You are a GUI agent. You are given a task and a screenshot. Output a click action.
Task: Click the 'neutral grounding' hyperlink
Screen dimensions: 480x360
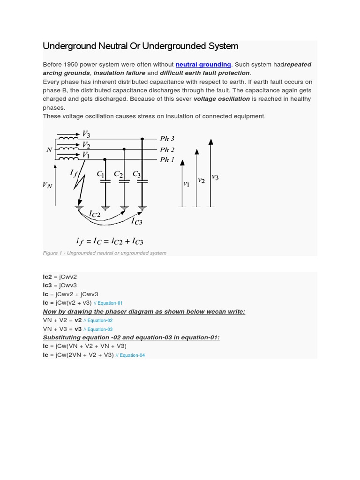pos(203,64)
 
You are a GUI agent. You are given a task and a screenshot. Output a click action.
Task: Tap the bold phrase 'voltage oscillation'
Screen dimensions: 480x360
pos(221,99)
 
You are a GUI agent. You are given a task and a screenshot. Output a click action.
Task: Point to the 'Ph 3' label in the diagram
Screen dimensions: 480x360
pos(167,138)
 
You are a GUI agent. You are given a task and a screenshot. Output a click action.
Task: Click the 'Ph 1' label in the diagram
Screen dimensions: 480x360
pos(167,159)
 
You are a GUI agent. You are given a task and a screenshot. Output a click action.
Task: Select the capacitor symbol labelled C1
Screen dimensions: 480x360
pos(105,180)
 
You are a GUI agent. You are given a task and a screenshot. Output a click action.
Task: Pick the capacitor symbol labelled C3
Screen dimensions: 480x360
pos(142,180)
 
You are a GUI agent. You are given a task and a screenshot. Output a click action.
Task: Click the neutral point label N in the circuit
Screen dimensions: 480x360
pos(49,150)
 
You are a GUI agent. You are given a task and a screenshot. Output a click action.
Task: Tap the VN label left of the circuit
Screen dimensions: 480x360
pos(47,185)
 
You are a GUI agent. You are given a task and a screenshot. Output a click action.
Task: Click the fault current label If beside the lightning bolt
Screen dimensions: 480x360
pos(74,173)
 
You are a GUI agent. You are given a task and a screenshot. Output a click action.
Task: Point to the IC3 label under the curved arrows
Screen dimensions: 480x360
pos(136,221)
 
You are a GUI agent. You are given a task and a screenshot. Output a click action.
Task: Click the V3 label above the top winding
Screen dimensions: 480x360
pos(86,134)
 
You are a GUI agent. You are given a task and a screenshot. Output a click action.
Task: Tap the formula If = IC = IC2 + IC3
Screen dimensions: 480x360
pos(110,241)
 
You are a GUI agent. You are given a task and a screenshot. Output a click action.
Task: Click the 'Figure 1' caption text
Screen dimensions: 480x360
pos(104,253)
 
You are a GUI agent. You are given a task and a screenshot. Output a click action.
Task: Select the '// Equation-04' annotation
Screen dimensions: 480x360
pos(130,355)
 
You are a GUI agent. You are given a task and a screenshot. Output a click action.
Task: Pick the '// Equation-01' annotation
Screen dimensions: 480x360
pos(108,303)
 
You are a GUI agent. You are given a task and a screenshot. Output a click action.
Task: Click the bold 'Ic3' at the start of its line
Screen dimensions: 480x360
pos(47,285)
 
